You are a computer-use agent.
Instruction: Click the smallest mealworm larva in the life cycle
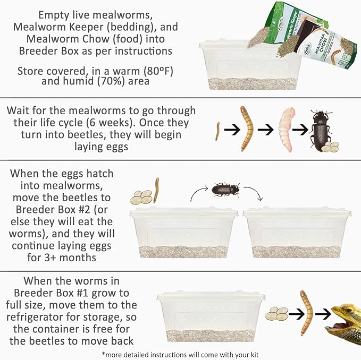coord(217,131)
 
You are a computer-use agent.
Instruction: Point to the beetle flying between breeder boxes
coord(225,190)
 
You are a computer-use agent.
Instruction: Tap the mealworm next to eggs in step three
coord(156,190)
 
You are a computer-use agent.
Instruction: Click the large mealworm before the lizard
coord(306,313)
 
